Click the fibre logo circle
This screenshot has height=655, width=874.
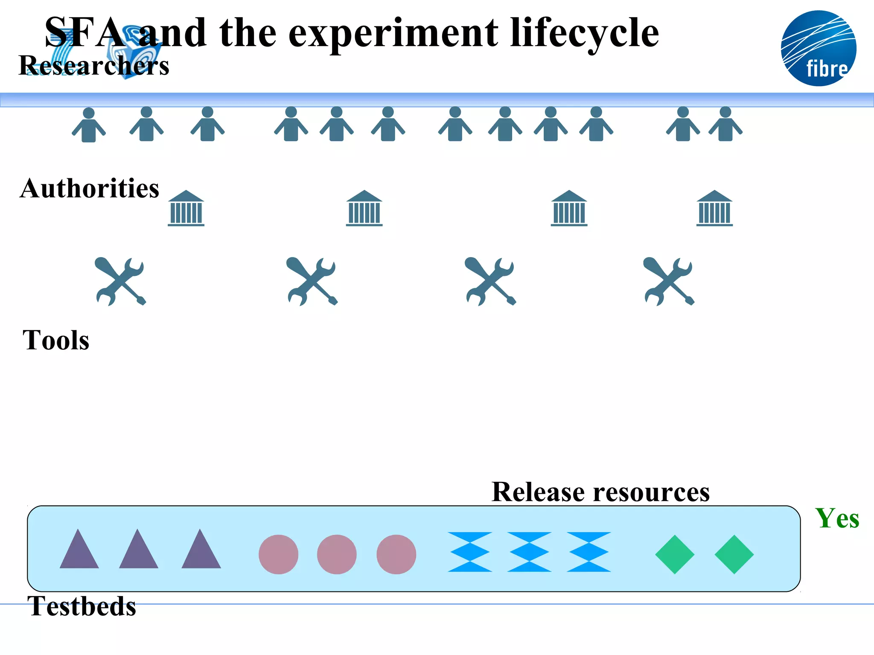coord(818,48)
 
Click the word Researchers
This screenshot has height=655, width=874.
coord(94,66)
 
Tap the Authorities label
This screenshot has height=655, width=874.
coord(89,188)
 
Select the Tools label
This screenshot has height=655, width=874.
coord(56,340)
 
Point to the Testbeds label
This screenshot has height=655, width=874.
coord(82,606)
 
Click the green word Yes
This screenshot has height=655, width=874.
coord(837,519)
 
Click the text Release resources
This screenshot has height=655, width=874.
coord(600,492)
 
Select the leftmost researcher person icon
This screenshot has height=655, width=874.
coord(89,125)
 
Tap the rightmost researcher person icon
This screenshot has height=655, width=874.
coord(725,124)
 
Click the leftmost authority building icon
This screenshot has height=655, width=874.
coord(186,208)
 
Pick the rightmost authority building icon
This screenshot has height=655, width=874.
coord(714,208)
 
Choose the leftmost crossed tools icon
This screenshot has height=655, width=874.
coord(120,281)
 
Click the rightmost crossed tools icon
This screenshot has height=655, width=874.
coord(669,281)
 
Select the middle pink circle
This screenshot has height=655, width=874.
coord(337,554)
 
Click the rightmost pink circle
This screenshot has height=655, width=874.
coord(396,554)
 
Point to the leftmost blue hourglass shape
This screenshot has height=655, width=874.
coord(469,552)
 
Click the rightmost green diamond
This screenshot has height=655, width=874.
coord(734,554)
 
